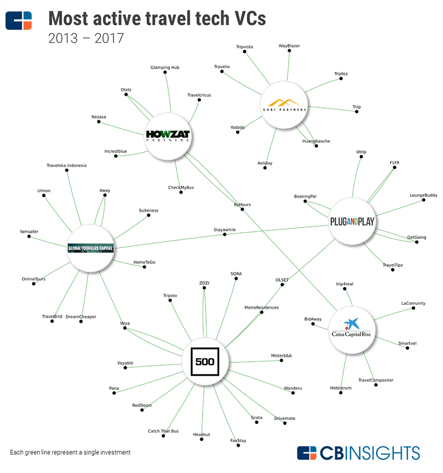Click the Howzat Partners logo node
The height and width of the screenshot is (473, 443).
(x=167, y=135)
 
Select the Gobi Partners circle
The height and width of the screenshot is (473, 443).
(x=284, y=105)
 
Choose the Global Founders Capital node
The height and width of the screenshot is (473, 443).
(x=90, y=248)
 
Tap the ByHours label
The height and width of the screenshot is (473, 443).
(x=243, y=205)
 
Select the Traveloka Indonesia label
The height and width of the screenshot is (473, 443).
(x=66, y=165)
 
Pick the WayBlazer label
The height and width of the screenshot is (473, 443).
(x=289, y=46)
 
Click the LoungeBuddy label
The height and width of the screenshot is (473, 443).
(x=424, y=195)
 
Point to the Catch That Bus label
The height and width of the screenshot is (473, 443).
(x=163, y=431)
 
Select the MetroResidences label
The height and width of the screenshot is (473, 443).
(x=261, y=307)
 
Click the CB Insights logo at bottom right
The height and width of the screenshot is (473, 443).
(x=358, y=453)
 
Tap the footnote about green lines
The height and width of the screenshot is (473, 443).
(x=70, y=452)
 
